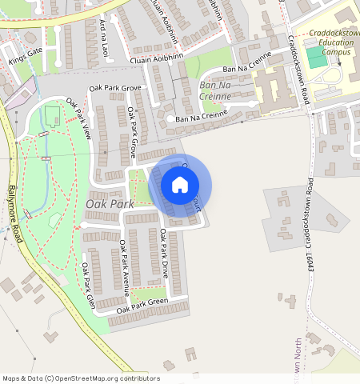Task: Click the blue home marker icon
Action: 180,186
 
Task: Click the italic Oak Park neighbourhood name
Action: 110,205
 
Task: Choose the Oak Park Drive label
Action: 165,254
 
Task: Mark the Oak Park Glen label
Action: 89,286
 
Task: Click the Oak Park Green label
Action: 142,305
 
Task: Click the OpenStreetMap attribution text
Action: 81,378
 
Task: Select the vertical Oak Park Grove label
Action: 127,132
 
